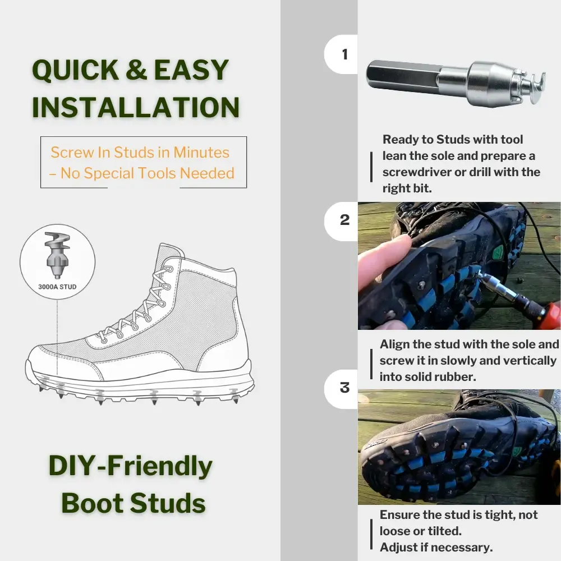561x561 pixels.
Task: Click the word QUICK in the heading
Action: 75,71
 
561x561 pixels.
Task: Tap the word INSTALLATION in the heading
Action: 136,108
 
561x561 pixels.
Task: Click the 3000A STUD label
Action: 57,287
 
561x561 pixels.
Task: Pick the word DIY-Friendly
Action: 131,467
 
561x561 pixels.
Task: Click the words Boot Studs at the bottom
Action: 134,503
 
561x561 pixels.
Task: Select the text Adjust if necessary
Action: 436,546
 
